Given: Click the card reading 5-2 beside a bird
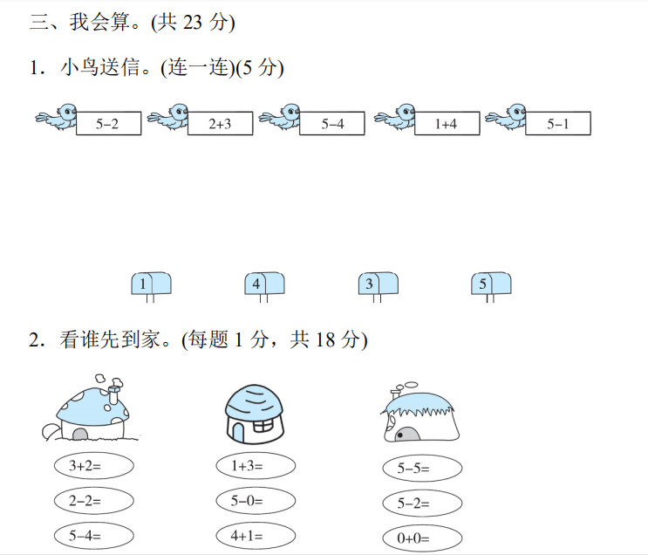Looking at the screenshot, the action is pyautogui.click(x=106, y=124).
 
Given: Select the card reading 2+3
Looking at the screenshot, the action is pyautogui.click(x=220, y=124).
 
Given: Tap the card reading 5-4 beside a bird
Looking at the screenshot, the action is pyautogui.click(x=332, y=124).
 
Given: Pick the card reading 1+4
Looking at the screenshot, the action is pyautogui.click(x=446, y=124).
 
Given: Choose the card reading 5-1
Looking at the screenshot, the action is pyautogui.click(x=557, y=124).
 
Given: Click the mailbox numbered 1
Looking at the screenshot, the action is pyautogui.click(x=150, y=284).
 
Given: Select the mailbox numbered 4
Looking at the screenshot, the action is pyautogui.click(x=263, y=284).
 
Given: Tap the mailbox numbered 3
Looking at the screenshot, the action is pyautogui.click(x=378, y=284).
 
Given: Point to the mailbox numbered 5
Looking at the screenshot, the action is pyautogui.click(x=490, y=284).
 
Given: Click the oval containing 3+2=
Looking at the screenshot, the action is pyautogui.click(x=93, y=466).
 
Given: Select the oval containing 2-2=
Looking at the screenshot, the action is pyautogui.click(x=93, y=501).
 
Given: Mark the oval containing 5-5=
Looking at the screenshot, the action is pyautogui.click(x=422, y=468).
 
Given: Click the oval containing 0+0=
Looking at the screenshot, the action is pyautogui.click(x=422, y=538).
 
